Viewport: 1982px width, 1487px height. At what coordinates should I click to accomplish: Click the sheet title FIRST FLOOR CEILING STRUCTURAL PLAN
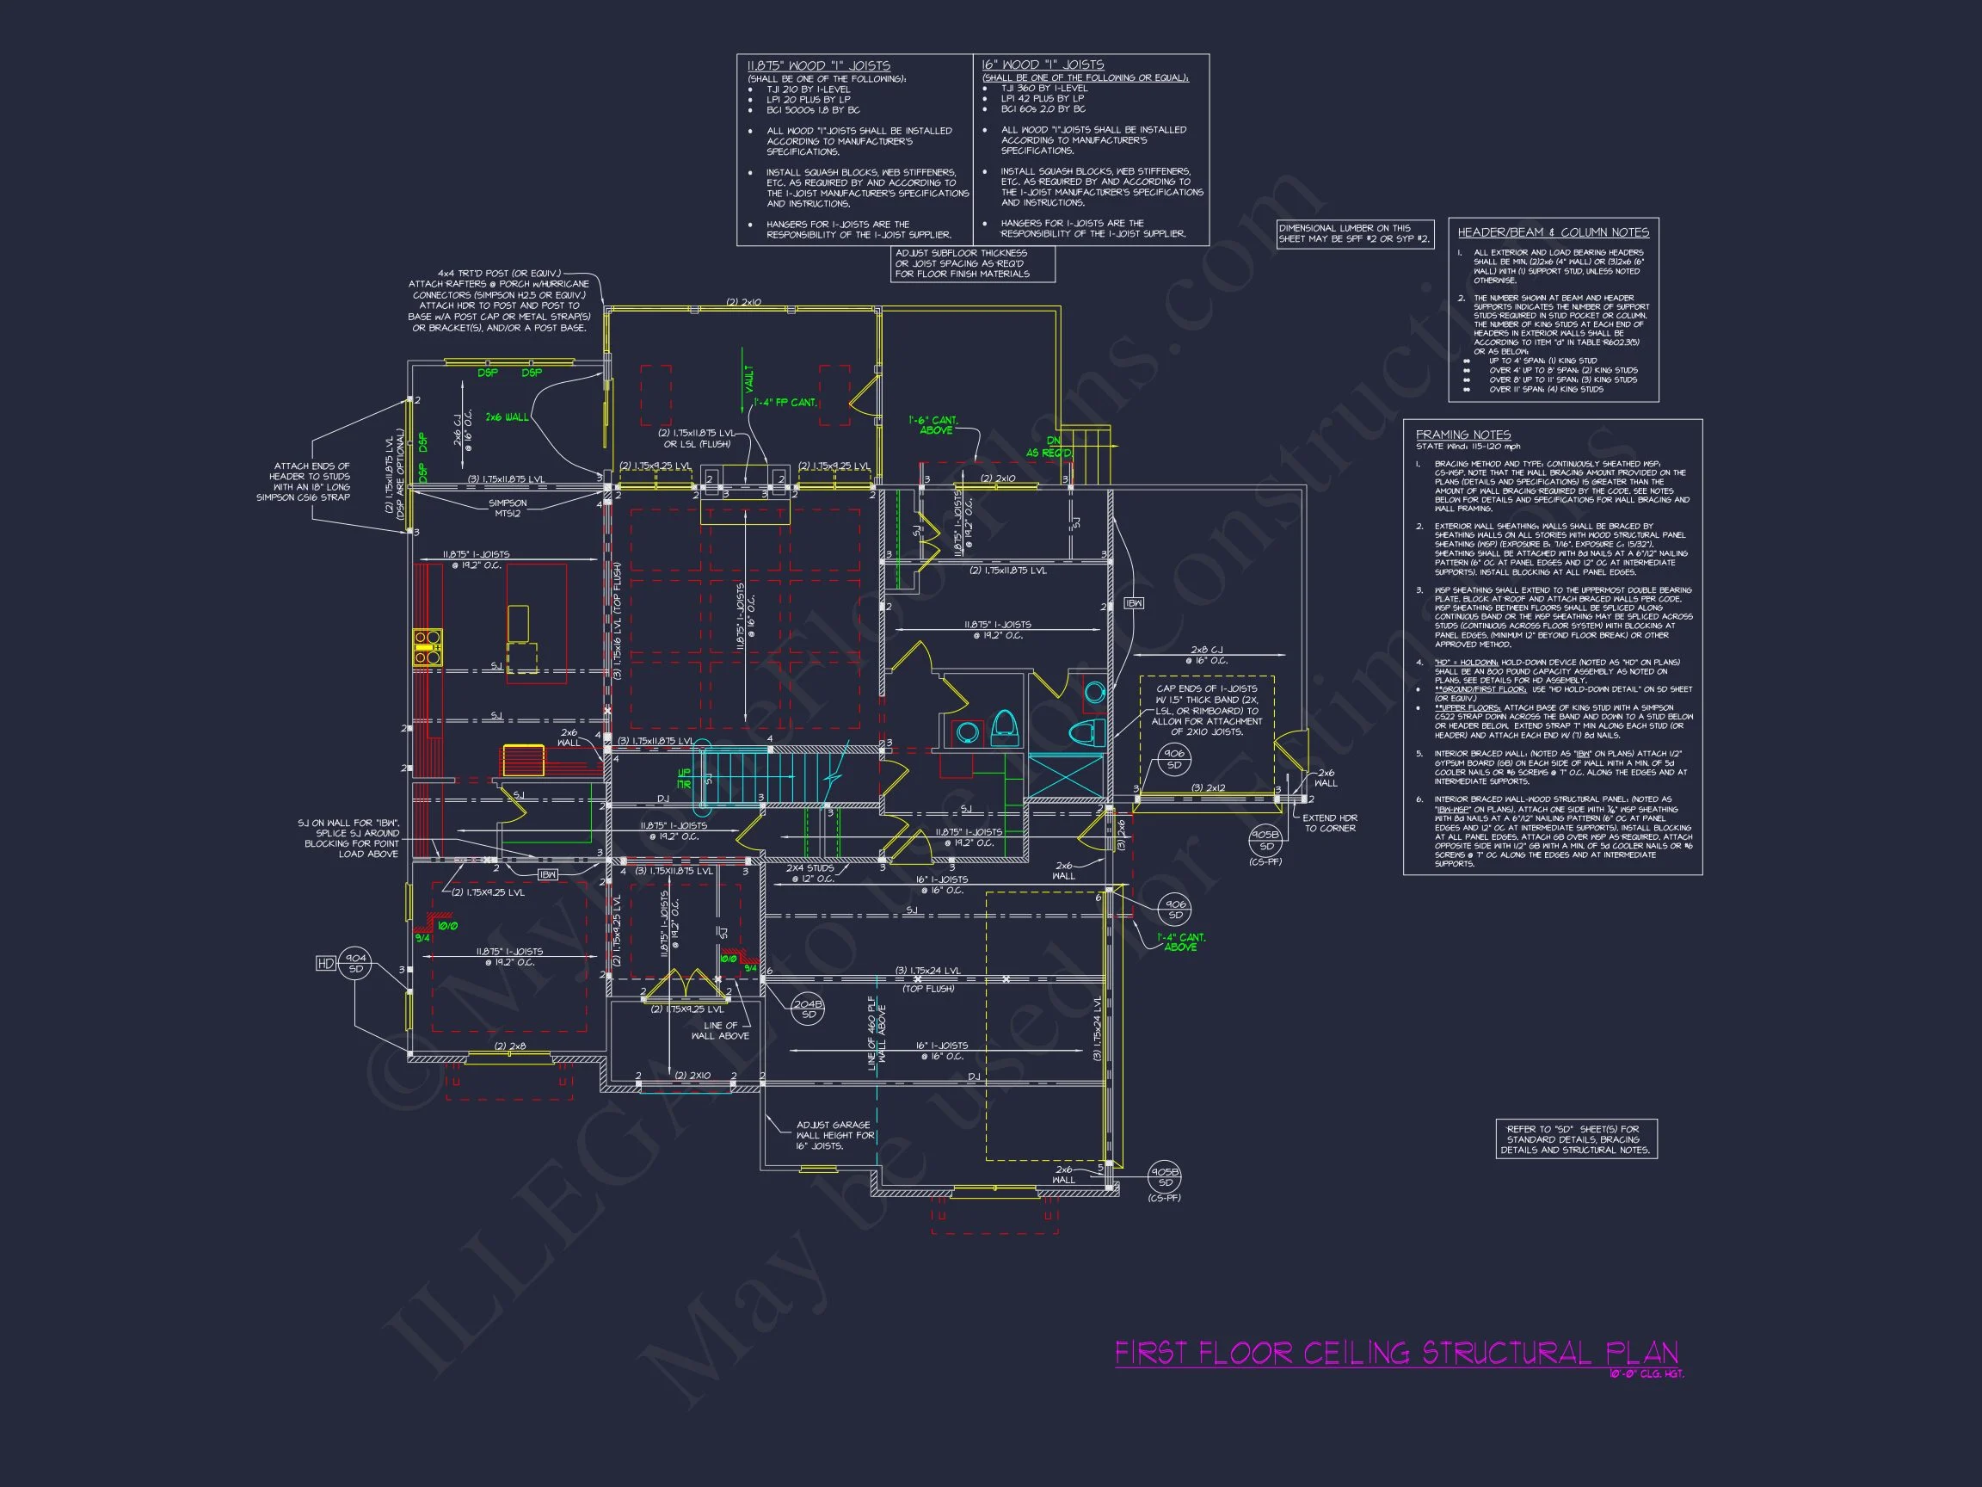click(1396, 1353)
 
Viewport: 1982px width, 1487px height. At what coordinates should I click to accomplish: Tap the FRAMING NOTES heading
click(1462, 435)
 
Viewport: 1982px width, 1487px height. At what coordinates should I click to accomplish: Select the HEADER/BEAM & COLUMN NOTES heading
click(1553, 232)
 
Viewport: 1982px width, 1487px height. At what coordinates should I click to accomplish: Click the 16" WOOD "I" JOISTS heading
click(1042, 65)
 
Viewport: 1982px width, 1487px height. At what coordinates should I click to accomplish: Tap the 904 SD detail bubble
click(356, 964)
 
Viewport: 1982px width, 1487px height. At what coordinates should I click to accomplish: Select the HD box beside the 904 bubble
click(325, 964)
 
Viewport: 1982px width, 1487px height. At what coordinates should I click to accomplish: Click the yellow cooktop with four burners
click(428, 647)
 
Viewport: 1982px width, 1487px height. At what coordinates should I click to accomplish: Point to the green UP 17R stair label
click(685, 778)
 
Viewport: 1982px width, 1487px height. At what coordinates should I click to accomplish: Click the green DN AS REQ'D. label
click(1049, 447)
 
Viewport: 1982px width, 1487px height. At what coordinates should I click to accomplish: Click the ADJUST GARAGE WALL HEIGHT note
click(834, 1135)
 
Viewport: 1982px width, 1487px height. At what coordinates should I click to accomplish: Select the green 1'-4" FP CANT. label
click(785, 403)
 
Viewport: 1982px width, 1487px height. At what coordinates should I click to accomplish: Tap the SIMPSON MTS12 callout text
click(508, 509)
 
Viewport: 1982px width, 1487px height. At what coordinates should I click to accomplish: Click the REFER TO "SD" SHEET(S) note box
click(1576, 1139)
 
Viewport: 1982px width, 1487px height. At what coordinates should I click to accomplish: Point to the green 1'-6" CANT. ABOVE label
click(933, 425)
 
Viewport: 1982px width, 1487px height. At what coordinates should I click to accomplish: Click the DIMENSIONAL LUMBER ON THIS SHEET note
click(1354, 234)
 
